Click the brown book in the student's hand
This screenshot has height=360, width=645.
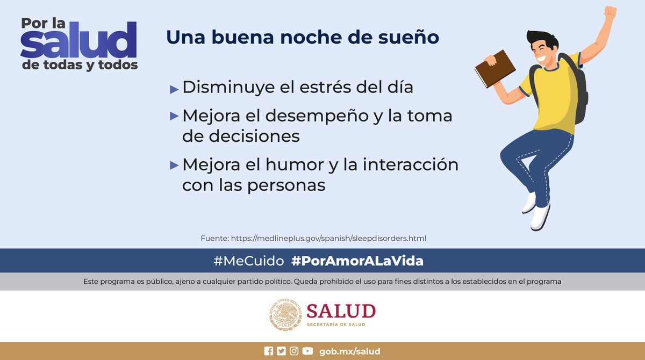[495, 68]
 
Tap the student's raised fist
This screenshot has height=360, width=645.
[609, 13]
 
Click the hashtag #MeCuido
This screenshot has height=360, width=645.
[248, 261]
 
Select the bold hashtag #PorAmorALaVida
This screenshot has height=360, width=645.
[357, 261]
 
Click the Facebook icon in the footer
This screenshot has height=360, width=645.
[269, 351]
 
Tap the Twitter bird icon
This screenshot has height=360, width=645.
[281, 351]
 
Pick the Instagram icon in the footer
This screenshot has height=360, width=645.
[294, 351]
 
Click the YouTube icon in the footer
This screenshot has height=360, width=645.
[307, 351]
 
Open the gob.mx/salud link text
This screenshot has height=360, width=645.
[350, 351]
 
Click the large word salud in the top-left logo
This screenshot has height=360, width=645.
[78, 43]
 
